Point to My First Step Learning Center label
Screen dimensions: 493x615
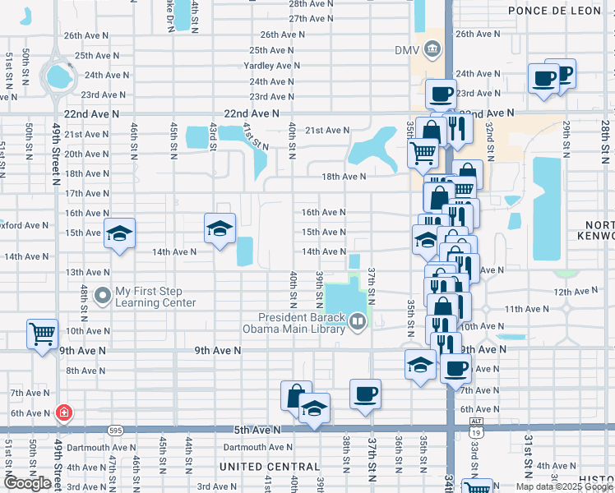[x=155, y=297]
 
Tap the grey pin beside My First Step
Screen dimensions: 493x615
[x=103, y=293]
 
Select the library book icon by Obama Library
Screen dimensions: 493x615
[x=358, y=321]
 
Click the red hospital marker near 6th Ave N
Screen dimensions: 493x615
[x=63, y=413]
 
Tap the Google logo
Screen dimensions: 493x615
[x=26, y=483]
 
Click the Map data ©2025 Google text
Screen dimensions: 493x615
[x=563, y=486]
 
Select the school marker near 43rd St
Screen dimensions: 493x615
[x=220, y=228]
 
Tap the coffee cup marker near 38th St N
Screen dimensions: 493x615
[x=365, y=394]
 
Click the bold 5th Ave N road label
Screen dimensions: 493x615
[x=257, y=430]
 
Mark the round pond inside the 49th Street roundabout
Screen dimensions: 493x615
[x=58, y=77]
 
